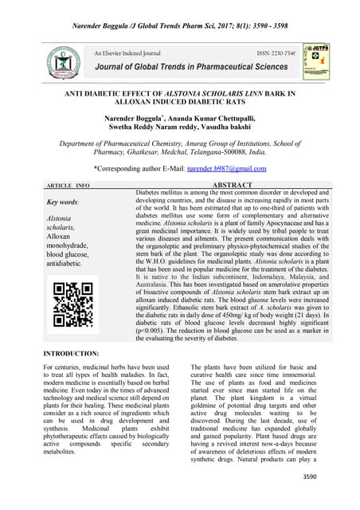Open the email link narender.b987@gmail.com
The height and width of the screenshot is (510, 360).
tap(226, 169)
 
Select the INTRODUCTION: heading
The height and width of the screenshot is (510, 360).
tap(71, 352)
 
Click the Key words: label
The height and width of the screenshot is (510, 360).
tap(64, 203)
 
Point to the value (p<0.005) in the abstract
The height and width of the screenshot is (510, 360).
tap(155, 328)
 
